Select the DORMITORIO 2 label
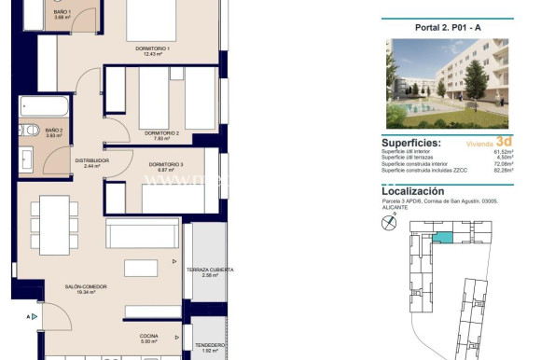(x=161, y=135)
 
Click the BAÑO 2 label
(x=54, y=132)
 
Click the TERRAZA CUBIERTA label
(x=209, y=272)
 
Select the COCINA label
(x=149, y=338)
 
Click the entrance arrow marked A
(x=34, y=317)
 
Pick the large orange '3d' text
(x=504, y=142)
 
